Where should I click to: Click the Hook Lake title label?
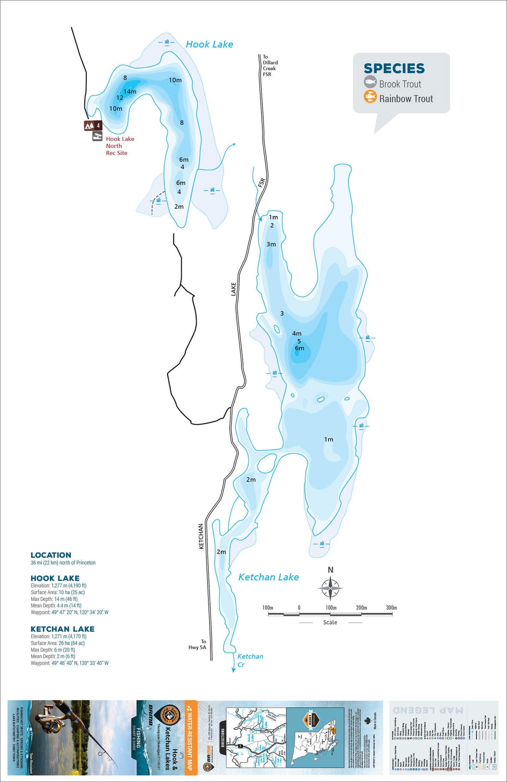point(209,44)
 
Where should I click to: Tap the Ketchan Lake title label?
point(268,577)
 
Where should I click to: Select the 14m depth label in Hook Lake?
point(130,92)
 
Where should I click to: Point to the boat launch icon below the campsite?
point(97,136)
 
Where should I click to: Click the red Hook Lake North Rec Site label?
point(119,146)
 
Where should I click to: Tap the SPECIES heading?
point(394,69)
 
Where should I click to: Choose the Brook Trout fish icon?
point(370,82)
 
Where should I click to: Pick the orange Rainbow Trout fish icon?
point(370,97)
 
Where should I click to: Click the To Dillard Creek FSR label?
point(270,66)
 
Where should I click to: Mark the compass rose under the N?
point(330,588)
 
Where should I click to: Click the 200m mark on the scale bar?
point(361,608)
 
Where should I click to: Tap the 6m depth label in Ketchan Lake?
point(299,348)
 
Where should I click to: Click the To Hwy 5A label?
point(198,644)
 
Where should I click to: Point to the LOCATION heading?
point(51,555)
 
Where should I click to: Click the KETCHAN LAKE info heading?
point(63,629)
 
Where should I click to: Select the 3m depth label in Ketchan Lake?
point(271,244)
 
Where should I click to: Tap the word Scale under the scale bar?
point(330,622)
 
